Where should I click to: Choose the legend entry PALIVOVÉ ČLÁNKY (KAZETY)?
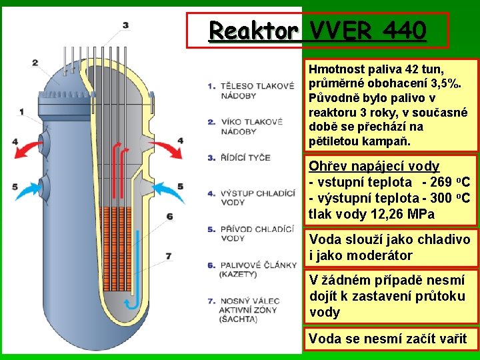coord(257,269)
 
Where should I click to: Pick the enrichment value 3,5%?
coord(447,83)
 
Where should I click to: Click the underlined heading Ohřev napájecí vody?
coord(373,166)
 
